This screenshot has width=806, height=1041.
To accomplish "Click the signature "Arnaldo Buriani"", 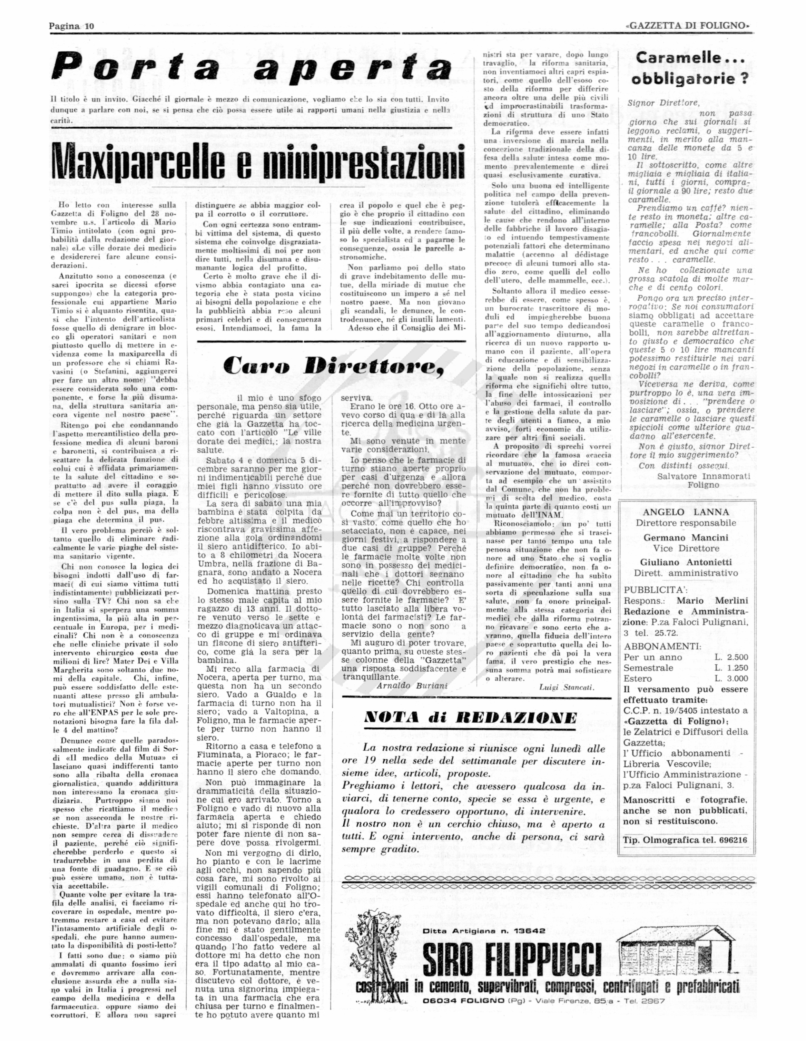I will click(412, 686).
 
